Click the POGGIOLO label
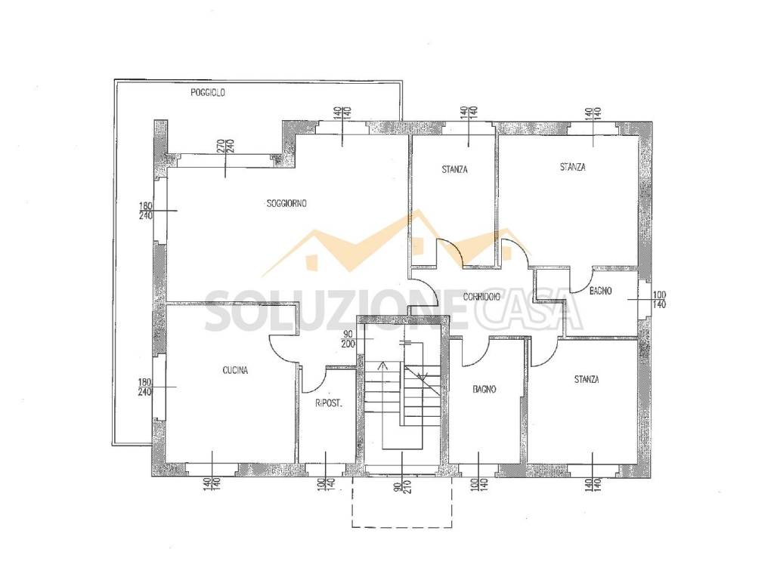(208, 92)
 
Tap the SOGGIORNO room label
(286, 202)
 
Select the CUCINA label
(235, 370)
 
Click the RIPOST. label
(329, 403)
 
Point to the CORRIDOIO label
(481, 296)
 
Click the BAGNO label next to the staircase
(484, 389)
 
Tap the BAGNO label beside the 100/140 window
(601, 291)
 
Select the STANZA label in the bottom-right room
(587, 379)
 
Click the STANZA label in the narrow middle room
(454, 170)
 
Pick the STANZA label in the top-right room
(573, 167)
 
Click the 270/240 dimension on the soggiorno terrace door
(226, 146)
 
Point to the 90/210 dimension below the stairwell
(401, 486)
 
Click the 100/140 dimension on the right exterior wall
(659, 300)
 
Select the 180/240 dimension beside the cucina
(145, 387)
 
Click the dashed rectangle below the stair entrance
(402, 526)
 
